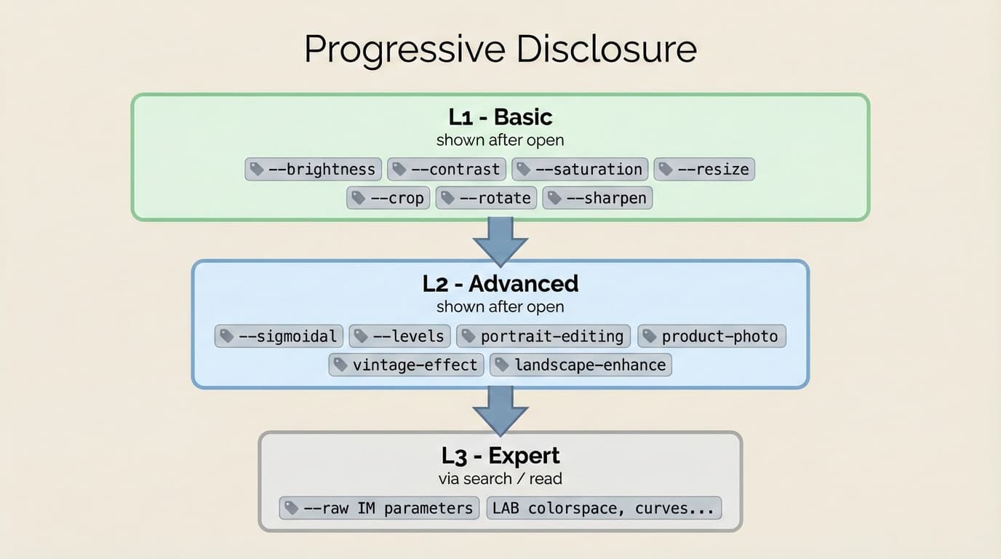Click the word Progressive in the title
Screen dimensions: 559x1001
(404, 49)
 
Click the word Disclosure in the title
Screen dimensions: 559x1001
(607, 49)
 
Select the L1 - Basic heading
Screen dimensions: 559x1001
(500, 117)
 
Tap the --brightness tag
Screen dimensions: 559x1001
(313, 170)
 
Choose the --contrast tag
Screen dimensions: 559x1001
(447, 170)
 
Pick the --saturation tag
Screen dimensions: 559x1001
(580, 170)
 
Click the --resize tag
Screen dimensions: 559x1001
(704, 170)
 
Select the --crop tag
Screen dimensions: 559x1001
(388, 198)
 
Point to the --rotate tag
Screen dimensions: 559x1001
(486, 198)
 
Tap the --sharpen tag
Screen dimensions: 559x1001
(597, 198)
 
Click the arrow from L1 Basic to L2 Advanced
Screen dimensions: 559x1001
(500, 241)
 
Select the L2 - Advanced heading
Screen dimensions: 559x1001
(500, 283)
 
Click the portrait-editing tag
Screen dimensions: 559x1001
(543, 336)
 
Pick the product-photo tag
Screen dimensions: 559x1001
(711, 336)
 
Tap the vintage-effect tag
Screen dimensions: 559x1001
(406, 365)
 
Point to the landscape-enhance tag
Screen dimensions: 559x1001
(581, 365)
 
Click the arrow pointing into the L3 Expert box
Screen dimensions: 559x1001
(500, 410)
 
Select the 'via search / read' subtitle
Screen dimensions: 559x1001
(500, 479)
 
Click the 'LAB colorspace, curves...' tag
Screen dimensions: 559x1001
(604, 508)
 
